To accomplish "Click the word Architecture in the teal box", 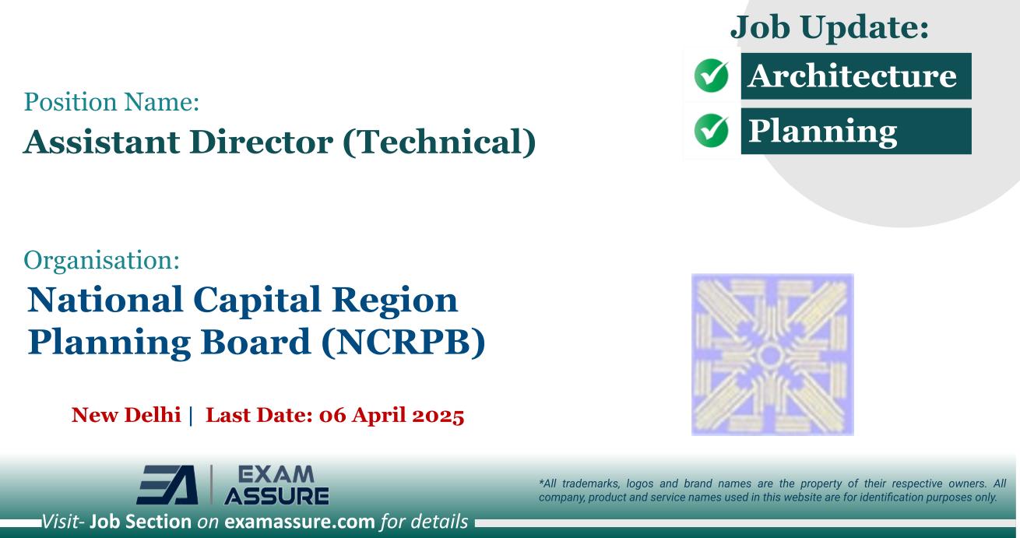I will coord(852,76).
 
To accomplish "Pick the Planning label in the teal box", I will coord(822,132).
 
